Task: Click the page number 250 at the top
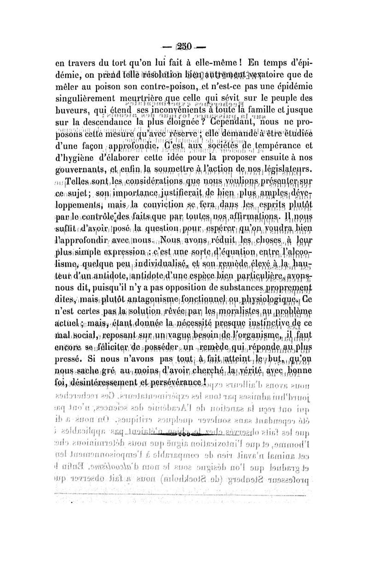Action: (x=184, y=47)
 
